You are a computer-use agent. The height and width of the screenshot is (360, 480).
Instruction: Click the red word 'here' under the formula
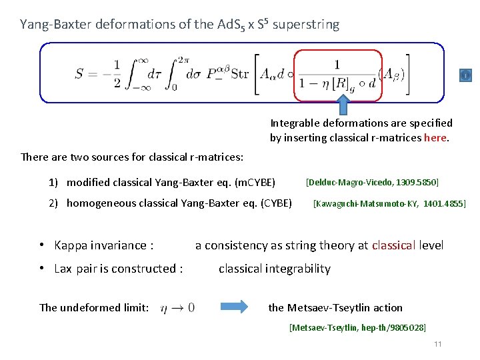click(x=436, y=138)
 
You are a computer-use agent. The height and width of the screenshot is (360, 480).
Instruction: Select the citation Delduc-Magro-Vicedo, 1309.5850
click(x=372, y=182)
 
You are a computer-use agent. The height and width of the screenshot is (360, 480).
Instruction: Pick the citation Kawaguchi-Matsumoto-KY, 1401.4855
click(x=389, y=203)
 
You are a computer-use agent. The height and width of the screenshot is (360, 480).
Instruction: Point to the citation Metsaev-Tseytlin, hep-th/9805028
click(x=357, y=327)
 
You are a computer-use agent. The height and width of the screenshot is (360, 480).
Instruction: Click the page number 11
click(x=437, y=344)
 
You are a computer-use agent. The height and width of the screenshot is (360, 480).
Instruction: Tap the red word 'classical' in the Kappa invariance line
click(x=393, y=245)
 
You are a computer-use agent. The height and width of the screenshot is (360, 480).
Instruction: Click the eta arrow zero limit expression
click(x=178, y=307)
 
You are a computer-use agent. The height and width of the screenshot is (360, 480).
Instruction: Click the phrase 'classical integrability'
click(x=274, y=269)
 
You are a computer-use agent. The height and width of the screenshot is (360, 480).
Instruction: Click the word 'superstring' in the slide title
click(x=306, y=25)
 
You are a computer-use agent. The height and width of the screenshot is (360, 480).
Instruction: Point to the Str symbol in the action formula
click(x=239, y=73)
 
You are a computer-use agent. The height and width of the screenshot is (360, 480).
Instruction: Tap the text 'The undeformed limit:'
click(x=94, y=307)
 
